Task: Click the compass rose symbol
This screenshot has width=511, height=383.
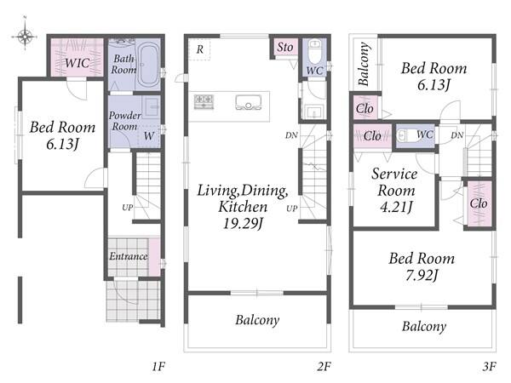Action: [x=25, y=35]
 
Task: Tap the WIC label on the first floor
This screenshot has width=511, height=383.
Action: [x=77, y=63]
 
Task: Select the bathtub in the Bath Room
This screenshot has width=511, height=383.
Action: [x=148, y=65]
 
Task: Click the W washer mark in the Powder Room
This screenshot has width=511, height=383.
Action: [x=149, y=135]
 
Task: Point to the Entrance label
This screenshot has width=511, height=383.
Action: [x=129, y=256]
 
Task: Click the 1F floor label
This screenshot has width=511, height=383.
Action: [x=158, y=367]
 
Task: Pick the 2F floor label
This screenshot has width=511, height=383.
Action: [x=324, y=367]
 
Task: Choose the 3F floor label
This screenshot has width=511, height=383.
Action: [x=489, y=367]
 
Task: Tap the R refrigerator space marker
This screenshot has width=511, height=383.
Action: [x=200, y=49]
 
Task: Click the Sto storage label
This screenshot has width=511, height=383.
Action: [x=285, y=48]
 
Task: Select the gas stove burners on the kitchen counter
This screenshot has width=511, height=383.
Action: [x=204, y=101]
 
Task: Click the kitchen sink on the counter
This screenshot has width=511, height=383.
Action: [x=249, y=102]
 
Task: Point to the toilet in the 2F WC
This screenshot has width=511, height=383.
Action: [x=314, y=51]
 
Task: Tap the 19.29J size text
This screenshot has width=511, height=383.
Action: [x=243, y=223]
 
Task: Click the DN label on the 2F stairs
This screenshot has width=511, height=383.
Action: [x=291, y=135]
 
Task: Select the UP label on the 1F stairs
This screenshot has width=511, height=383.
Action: [x=128, y=208]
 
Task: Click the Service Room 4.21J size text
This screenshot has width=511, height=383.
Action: [x=396, y=207]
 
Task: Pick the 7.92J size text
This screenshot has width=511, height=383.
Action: [x=422, y=275]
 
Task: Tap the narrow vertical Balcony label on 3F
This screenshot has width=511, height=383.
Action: [x=365, y=64]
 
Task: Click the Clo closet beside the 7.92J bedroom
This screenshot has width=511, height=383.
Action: [x=479, y=203]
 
